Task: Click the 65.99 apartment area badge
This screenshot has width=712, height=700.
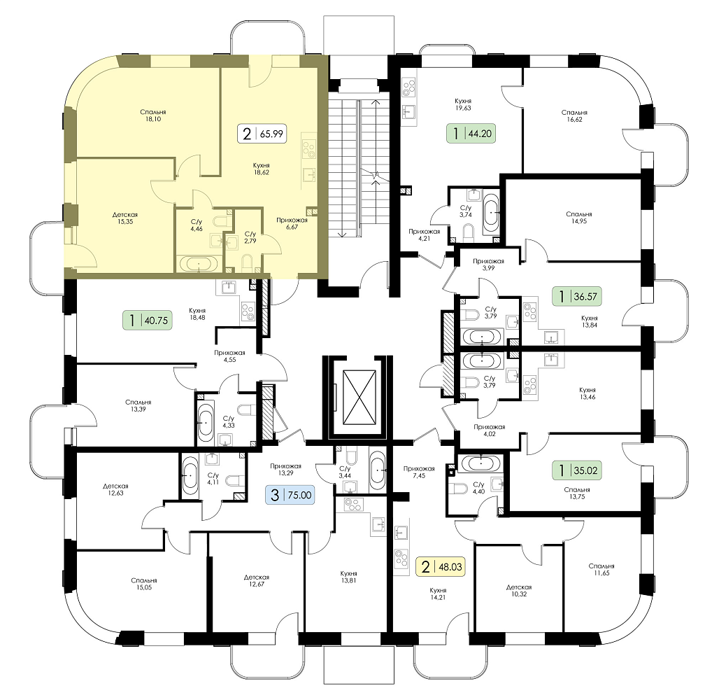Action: pos(262,134)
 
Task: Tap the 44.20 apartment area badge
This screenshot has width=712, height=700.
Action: pos(471,134)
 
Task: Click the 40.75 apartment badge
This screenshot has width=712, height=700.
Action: pos(148,320)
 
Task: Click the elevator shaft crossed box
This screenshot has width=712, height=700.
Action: pos(359,397)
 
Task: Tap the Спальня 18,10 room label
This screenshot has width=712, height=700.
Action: pos(153,115)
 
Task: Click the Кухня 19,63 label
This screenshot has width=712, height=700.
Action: pos(463,104)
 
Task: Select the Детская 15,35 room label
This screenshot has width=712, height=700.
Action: pos(125,218)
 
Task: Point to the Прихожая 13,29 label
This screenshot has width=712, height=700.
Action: pos(285,469)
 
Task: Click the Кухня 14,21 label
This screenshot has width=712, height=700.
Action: pos(439,594)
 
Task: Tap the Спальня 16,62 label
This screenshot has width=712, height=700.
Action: pos(574,116)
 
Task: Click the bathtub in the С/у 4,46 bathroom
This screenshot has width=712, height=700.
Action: pos(200,264)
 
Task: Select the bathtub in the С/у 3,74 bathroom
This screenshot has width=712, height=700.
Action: pos(491,212)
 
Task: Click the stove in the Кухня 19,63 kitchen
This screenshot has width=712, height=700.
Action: pos(409,87)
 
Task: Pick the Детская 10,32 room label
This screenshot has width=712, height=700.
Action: pos(519,591)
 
